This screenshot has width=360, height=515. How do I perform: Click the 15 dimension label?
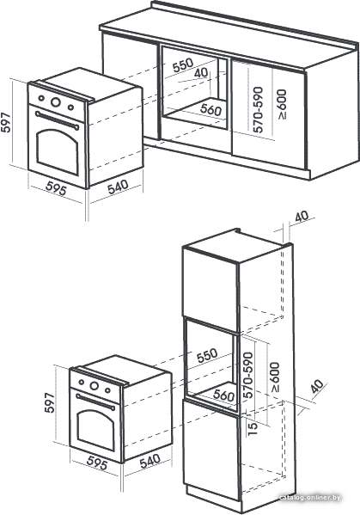pos(253,428)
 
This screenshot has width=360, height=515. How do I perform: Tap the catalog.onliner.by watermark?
pos(310,498)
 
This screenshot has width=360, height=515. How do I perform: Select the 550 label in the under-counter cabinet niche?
pos(182,65)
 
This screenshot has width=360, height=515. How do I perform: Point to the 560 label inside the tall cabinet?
pos(223,395)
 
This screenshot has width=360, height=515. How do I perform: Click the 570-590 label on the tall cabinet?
pos(248,375)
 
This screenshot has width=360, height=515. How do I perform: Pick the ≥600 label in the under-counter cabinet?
pos(282,104)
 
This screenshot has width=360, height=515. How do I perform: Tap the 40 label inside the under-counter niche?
pos(201,72)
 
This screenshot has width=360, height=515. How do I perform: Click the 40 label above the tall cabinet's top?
pos(302,216)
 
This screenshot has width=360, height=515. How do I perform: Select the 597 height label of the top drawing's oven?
pos(6,123)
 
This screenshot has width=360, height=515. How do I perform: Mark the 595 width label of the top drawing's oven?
pos(56,188)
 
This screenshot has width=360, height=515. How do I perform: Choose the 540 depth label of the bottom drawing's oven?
pos(150,461)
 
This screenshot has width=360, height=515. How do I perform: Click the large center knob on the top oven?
pos(56,101)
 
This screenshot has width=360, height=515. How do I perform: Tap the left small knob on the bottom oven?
pos(81,382)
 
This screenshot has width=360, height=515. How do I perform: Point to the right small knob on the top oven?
pos(70,107)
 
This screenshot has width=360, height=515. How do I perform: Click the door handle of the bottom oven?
pos(95,402)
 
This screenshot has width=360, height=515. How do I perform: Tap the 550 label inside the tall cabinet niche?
pos(207,355)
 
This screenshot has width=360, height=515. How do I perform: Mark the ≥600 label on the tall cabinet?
pos(275,377)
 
